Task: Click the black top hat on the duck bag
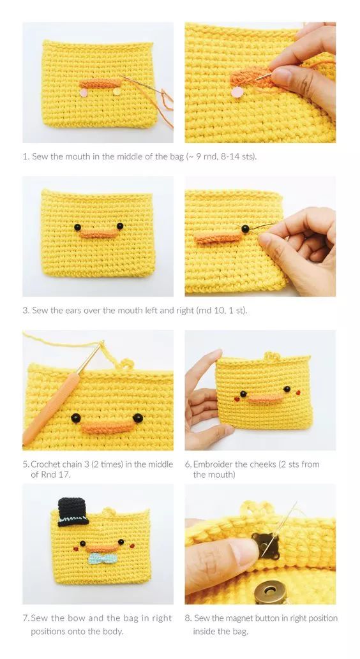(73, 512)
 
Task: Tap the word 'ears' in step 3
(73, 311)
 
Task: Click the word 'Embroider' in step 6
(214, 464)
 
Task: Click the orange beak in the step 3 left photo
(98, 233)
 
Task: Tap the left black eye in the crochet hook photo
(76, 418)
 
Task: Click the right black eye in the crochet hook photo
(137, 418)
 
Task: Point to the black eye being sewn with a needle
(245, 228)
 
